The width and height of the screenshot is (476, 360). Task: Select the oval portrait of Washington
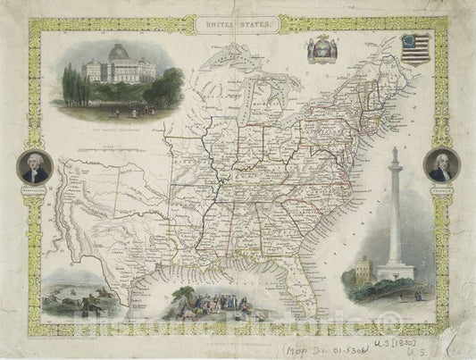[x=32, y=166]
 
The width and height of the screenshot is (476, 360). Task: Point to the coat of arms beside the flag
[x=321, y=50]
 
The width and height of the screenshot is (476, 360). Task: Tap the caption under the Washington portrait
[x=32, y=189]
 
